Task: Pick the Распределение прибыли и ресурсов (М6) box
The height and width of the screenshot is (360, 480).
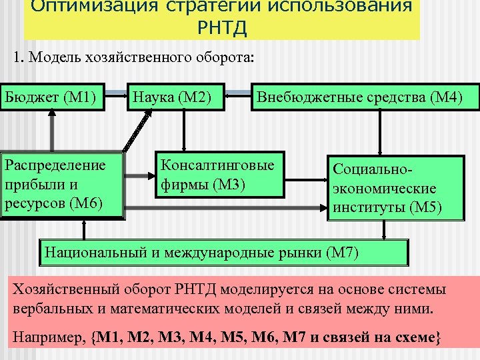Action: [63, 184]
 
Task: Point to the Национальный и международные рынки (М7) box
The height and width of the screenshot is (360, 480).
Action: [224, 252]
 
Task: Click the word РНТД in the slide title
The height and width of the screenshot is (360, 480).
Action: [222, 29]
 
